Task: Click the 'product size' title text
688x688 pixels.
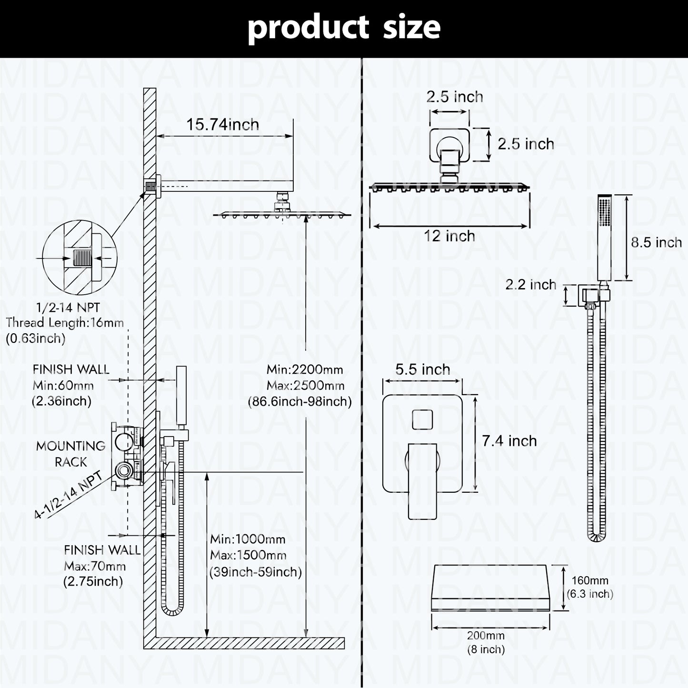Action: (x=344, y=28)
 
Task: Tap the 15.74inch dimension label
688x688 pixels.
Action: (x=223, y=125)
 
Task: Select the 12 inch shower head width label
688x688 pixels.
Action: (x=449, y=236)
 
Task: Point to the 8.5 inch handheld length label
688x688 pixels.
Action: (x=656, y=242)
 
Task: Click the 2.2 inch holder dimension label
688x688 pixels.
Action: (x=530, y=285)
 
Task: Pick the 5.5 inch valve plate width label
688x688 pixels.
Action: (x=422, y=369)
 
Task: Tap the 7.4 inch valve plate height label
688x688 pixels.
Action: (x=509, y=441)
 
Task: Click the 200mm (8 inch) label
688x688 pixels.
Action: (x=486, y=642)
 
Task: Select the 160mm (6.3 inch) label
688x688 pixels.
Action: (x=590, y=587)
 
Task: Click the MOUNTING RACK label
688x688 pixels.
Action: (x=70, y=454)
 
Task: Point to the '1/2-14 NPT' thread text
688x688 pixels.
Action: (x=68, y=308)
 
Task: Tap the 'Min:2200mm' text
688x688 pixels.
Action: (x=305, y=369)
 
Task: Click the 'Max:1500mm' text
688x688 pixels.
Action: (x=248, y=555)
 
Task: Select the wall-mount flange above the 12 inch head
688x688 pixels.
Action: (x=449, y=145)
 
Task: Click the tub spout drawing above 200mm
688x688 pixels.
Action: (x=490, y=587)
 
